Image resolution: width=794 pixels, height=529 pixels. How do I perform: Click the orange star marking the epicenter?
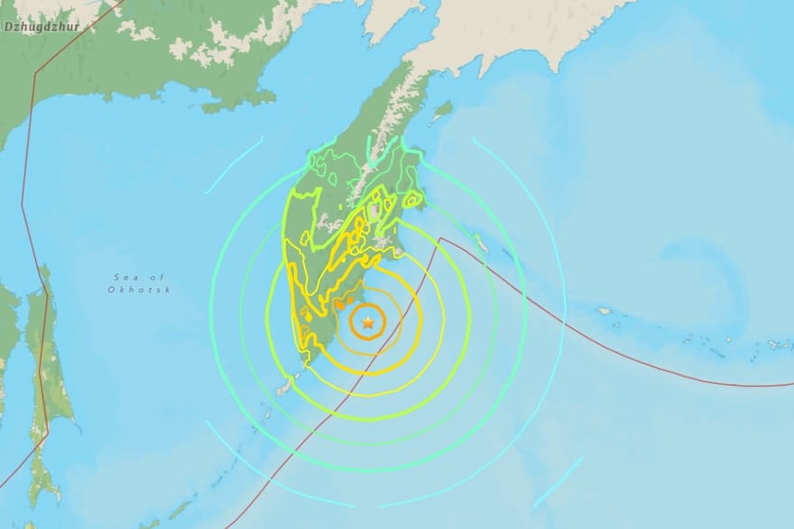368,321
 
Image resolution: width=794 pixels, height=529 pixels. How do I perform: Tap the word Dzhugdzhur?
42,27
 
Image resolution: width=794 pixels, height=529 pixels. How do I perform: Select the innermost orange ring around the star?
368,306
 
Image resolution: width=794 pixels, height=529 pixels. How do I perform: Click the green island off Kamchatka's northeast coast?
441,111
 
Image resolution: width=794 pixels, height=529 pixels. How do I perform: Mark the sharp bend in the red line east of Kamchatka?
441,238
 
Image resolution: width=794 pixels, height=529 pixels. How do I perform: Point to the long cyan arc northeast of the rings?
532,208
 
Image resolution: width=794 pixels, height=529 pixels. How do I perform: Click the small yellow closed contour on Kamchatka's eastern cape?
417,201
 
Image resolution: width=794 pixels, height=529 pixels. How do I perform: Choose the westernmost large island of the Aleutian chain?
604,311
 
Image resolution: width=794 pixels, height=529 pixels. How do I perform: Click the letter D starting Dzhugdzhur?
8,27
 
